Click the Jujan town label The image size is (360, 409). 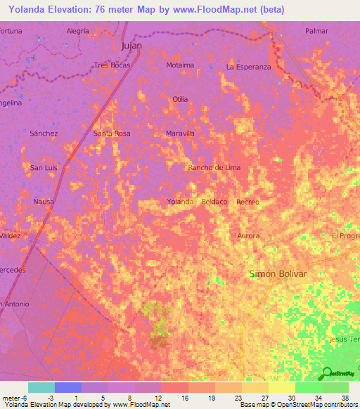131,46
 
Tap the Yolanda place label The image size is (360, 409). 180,202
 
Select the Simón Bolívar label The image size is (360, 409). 278,273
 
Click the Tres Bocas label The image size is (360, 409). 112,65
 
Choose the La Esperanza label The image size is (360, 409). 248,67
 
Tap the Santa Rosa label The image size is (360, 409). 112,133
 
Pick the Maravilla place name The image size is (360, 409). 179,133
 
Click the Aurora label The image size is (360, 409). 248,235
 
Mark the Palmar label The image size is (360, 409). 316,31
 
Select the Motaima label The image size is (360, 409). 180,65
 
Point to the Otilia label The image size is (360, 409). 180,99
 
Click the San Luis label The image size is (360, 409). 43,167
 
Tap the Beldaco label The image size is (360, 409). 214,202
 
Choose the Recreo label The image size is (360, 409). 248,202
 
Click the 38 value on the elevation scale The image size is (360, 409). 344,397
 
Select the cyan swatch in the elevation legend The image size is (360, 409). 41,387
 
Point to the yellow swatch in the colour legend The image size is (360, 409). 282,387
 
